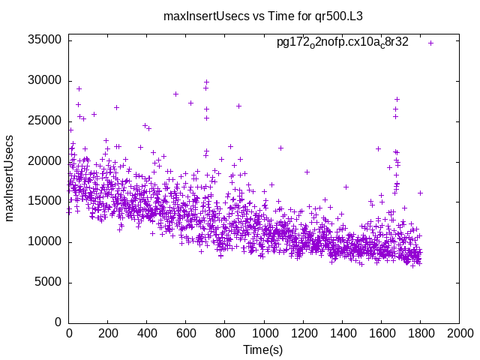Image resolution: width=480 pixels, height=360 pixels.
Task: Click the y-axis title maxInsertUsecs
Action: (10, 178)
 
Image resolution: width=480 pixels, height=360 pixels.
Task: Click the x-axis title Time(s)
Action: (263, 349)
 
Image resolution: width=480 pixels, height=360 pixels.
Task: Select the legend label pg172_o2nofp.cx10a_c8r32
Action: (342, 43)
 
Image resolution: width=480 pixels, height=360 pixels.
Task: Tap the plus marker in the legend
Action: (430, 43)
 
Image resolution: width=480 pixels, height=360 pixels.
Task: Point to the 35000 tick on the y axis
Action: (45, 40)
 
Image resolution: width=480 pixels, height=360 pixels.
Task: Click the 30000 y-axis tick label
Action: (45, 81)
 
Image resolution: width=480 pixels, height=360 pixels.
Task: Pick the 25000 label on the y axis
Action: (45, 121)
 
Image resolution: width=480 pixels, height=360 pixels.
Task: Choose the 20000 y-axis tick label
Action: (45, 161)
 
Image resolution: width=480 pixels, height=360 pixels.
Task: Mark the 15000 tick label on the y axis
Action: (45, 202)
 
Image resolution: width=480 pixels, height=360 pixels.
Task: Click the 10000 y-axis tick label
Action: (45, 241)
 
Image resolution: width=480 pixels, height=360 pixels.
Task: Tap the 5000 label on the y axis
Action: (48, 282)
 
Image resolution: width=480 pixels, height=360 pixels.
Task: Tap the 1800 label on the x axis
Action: (420, 333)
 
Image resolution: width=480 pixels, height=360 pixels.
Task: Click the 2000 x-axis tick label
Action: (459, 333)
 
